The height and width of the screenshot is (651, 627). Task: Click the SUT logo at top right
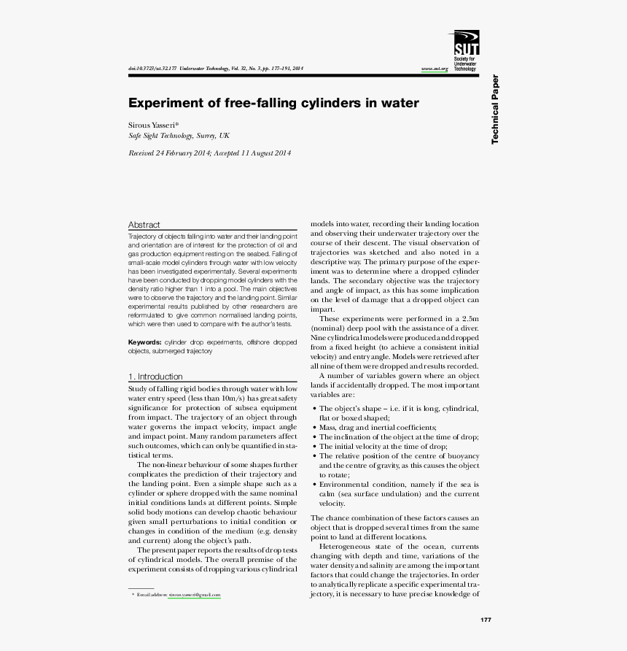pyautogui.click(x=467, y=43)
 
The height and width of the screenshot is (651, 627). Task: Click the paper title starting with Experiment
pyautogui.click(x=273, y=103)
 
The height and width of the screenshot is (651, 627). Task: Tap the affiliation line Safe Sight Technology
pyautogui.click(x=178, y=136)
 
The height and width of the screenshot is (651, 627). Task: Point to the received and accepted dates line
pyautogui.click(x=209, y=153)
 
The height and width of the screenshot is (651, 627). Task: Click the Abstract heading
pyautogui.click(x=144, y=225)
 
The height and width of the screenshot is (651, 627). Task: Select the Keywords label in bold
pyautogui.click(x=145, y=342)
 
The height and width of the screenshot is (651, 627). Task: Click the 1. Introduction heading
pyautogui.click(x=155, y=377)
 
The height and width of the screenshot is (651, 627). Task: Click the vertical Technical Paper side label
pyautogui.click(x=495, y=109)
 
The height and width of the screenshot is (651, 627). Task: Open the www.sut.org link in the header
pyautogui.click(x=434, y=69)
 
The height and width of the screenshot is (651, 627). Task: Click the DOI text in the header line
pyautogui.click(x=152, y=69)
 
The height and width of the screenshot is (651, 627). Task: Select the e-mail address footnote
pyautogui.click(x=194, y=595)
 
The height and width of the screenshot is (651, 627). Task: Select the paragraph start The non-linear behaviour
pyautogui.click(x=175, y=464)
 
